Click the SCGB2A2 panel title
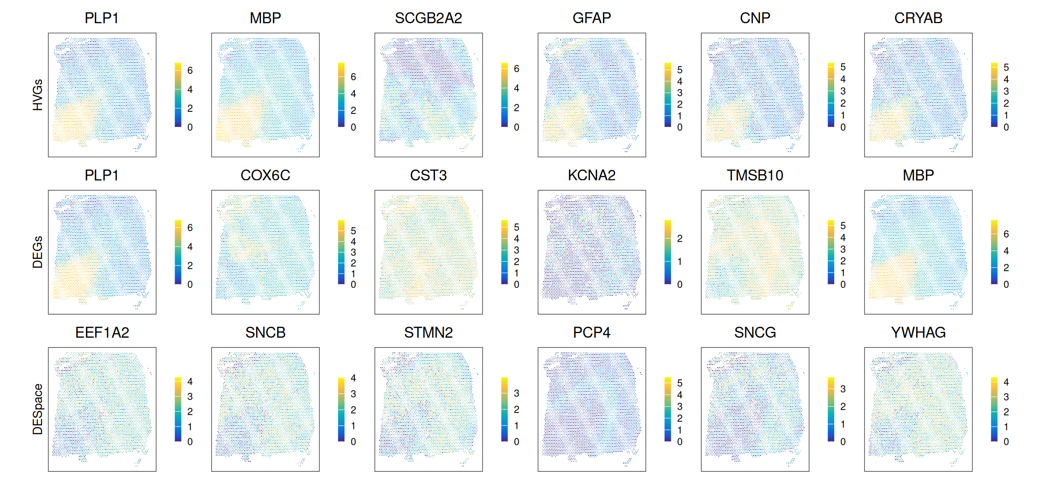428,18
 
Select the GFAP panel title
592,18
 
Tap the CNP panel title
755,18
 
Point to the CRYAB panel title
918,18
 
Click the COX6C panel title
265,175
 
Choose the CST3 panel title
428,175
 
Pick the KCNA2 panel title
592,175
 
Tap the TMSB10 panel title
755,175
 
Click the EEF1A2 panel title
102,332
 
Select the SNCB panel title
265,332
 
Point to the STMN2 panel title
428,332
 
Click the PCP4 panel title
592,332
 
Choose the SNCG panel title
755,332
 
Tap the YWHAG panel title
918,332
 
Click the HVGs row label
38,95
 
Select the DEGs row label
38,252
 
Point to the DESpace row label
38,409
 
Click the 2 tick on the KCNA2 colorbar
680,239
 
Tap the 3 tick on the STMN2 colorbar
516,393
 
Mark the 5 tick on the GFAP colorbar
680,70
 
